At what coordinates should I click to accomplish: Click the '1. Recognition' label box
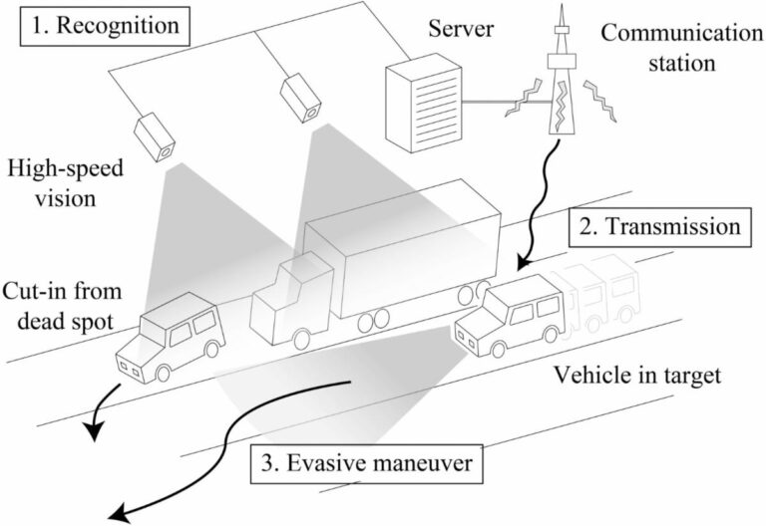tap(101, 24)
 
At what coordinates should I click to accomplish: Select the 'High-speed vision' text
tap(64, 183)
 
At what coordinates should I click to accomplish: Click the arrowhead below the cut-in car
tap(94, 430)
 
